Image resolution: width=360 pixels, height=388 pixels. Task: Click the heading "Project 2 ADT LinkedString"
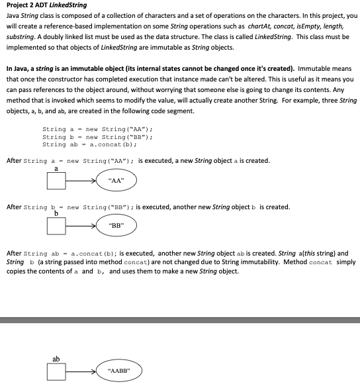click(46, 5)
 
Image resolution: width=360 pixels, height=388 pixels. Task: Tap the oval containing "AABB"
click(120, 371)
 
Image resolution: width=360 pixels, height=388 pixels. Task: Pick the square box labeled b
click(56, 226)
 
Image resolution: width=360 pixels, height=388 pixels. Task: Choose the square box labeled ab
click(56, 372)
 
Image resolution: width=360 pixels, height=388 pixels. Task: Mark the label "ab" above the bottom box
click(56, 359)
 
